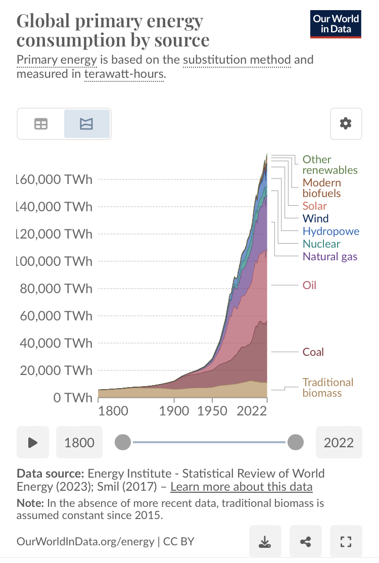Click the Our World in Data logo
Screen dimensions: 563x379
coord(336,24)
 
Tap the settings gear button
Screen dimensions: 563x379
coord(346,123)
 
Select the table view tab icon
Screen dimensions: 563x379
coord(41,124)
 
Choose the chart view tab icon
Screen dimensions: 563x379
coord(87,124)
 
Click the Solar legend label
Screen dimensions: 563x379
coord(314,206)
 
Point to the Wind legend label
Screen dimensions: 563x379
coord(315,219)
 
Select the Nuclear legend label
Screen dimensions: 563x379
coord(321,244)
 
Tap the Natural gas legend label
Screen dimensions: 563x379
coord(329,256)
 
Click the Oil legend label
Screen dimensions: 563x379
coord(309,285)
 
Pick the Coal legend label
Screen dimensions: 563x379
coord(313,352)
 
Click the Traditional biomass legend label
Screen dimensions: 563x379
coord(327,388)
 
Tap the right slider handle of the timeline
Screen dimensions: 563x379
coord(295,443)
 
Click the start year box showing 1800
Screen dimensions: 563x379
coord(79,443)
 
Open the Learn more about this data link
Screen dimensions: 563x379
coord(242,487)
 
